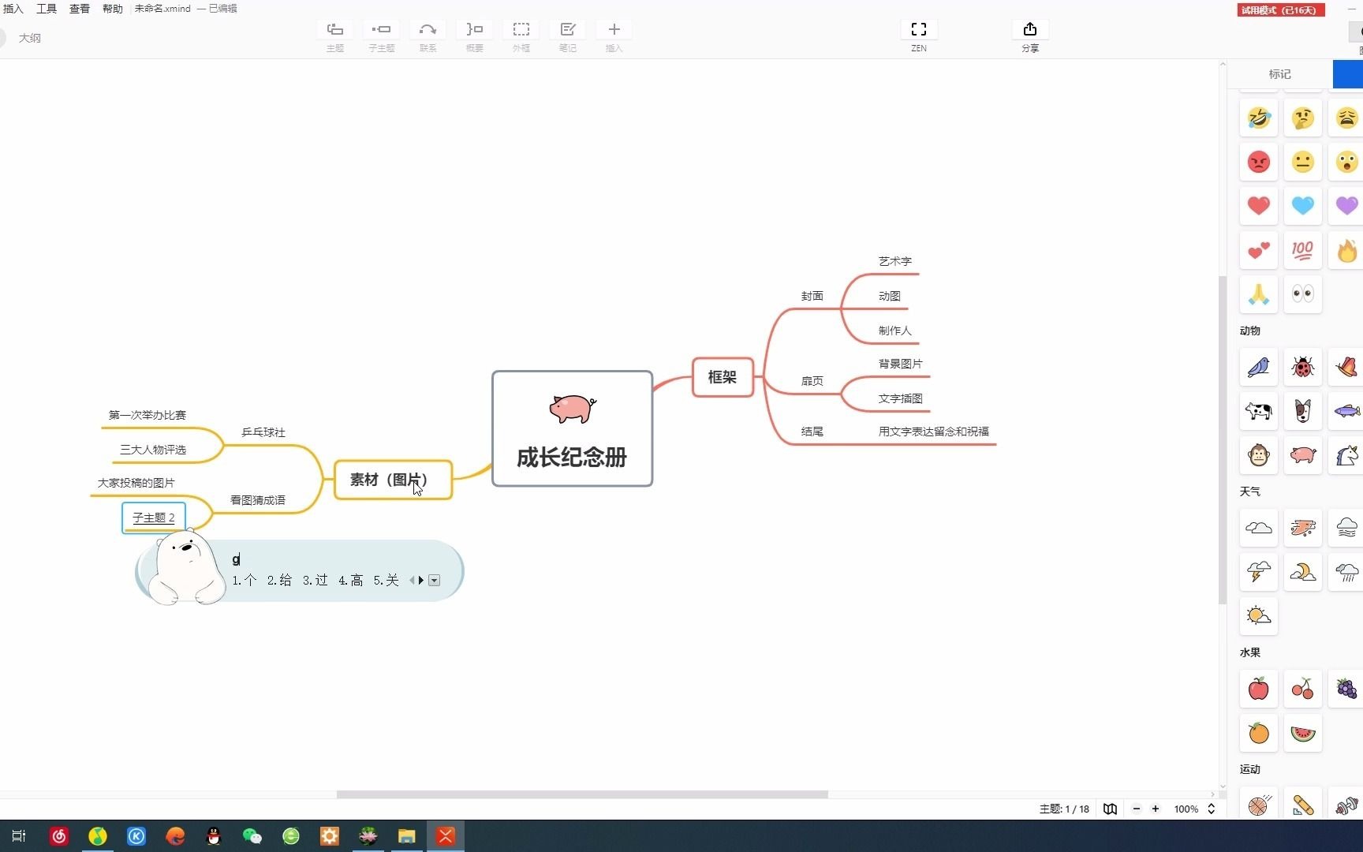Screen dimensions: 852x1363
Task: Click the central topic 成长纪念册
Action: pos(572,457)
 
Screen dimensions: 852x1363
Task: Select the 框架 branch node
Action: pos(723,377)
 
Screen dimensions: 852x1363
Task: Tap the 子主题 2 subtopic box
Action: pos(154,518)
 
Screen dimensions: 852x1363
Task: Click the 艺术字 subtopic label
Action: pos(894,261)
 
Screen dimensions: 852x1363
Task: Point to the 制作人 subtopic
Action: pos(894,331)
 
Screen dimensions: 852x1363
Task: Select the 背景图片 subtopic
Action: pos(900,364)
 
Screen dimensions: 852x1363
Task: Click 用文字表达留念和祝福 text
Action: pos(933,432)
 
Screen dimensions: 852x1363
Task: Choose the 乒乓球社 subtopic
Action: pos(263,432)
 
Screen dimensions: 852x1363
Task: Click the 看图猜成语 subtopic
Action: pos(258,500)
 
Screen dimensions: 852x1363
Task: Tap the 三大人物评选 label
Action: pos(153,450)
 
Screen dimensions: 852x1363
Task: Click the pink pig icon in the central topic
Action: pos(572,409)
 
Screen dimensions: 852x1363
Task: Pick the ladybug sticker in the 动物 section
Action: pos(1302,367)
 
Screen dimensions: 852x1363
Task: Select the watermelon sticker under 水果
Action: pos(1302,733)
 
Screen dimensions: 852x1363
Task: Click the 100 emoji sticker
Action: pos(1302,251)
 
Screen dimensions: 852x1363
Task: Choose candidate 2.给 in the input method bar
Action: pos(279,581)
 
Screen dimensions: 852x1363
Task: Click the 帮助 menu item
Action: pos(113,9)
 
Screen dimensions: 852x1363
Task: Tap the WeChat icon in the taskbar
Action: pos(252,836)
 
